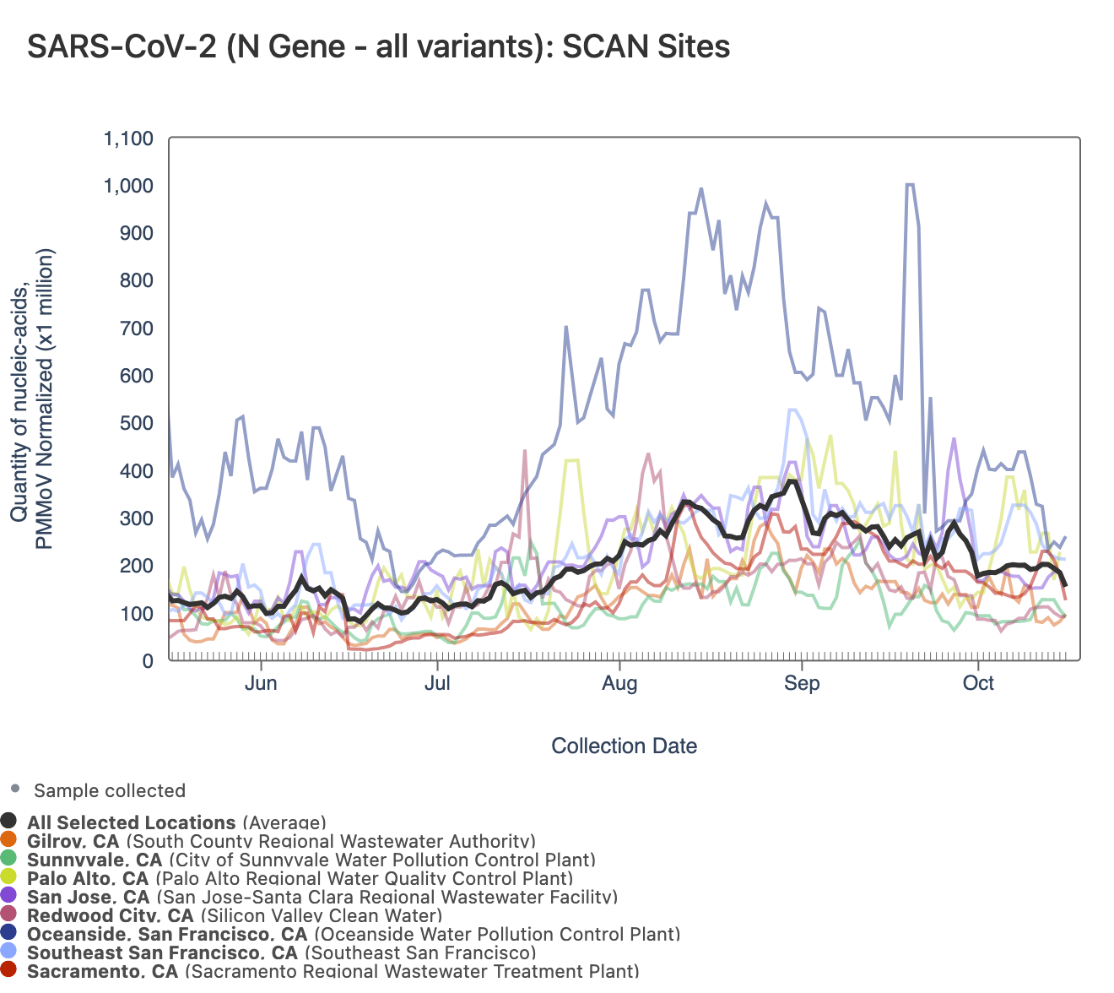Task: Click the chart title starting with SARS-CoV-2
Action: [378, 46]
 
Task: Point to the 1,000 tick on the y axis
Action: [128, 186]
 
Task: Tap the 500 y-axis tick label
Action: [137, 423]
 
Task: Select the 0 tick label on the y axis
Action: [148, 661]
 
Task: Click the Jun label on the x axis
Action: [261, 683]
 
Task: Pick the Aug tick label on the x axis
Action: [619, 683]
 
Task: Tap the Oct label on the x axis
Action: [978, 683]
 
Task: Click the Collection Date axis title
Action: [624, 746]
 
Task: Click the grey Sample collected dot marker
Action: [14, 789]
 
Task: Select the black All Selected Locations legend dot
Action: [9, 821]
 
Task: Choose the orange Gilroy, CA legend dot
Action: [9, 839]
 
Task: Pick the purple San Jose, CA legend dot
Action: [9, 896]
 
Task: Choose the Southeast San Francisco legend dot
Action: [9, 952]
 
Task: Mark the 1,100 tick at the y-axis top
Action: [128, 138]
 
